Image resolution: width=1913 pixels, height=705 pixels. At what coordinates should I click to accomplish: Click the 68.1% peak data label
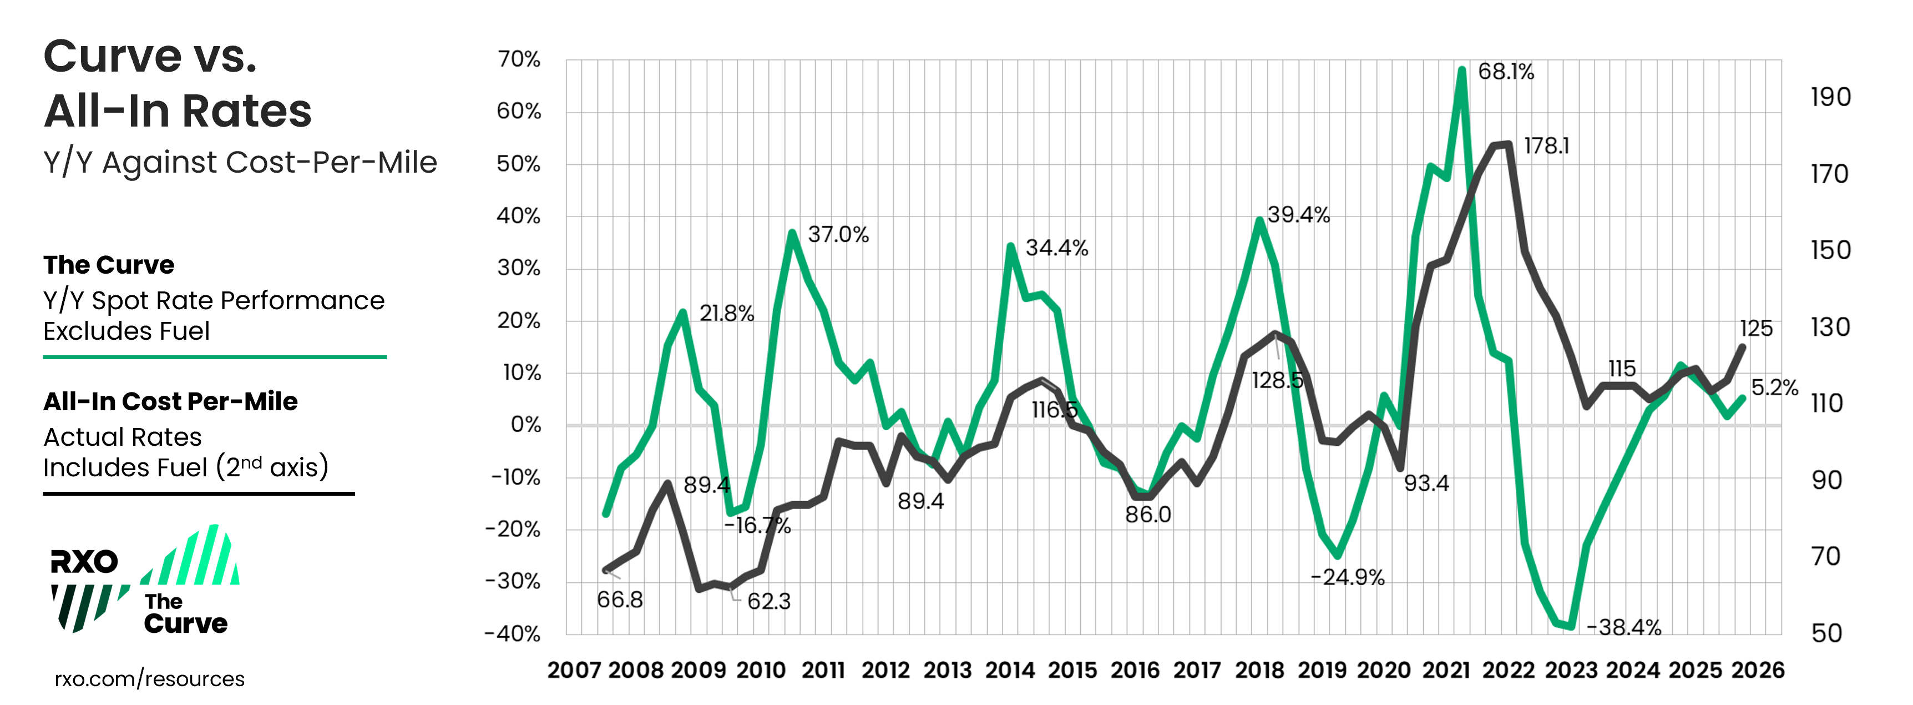click(x=1505, y=72)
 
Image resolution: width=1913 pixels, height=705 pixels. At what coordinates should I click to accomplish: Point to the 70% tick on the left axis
click(x=518, y=59)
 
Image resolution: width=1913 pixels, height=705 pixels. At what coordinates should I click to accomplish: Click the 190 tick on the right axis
click(x=1830, y=97)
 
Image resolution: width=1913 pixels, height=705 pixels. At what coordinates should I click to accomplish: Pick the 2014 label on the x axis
click(x=1009, y=670)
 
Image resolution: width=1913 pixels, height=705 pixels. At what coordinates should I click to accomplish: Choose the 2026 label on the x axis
click(x=1757, y=670)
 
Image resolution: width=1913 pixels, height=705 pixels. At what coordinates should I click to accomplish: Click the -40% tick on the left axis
click(x=513, y=634)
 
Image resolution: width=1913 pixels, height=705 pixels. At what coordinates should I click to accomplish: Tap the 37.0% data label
click(x=838, y=235)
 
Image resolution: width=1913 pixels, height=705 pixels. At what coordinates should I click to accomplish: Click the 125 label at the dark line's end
click(x=1755, y=329)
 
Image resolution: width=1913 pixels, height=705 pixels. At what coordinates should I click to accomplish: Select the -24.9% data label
click(x=1347, y=577)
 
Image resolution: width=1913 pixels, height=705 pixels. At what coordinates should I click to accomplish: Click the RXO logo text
click(x=84, y=562)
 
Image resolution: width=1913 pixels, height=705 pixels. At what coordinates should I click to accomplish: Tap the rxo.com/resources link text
click(x=149, y=678)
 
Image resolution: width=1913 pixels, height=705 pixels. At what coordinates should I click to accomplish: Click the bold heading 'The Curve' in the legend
click(x=108, y=265)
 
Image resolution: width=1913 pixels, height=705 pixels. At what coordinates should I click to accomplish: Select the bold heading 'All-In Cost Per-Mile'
click(x=170, y=401)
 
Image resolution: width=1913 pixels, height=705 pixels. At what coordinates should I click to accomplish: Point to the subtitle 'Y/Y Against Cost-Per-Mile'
click(x=240, y=162)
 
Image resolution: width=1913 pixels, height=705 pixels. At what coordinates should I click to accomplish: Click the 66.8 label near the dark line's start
click(x=619, y=600)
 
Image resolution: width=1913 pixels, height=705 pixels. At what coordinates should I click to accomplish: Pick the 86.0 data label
click(x=1147, y=514)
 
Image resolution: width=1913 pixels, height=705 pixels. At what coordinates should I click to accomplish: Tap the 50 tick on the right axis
click(x=1826, y=633)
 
